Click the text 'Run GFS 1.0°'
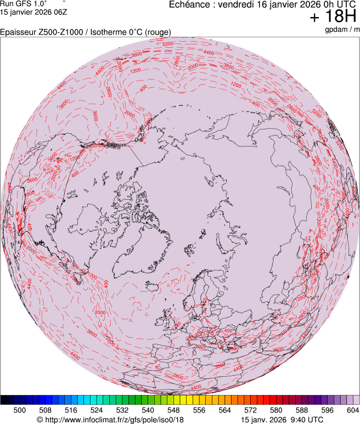tap(23, 3)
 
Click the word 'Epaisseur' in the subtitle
tap(18, 32)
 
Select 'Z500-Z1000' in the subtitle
tap(59, 32)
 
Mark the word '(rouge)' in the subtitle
tap(157, 32)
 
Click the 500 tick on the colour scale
tap(20, 410)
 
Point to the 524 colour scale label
tap(97, 410)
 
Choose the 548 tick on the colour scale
tap(173, 410)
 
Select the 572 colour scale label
tap(250, 410)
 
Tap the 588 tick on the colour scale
tap(301, 410)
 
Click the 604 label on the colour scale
tap(352, 410)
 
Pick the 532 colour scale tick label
tap(122, 410)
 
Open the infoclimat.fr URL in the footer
tap(110, 420)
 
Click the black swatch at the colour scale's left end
tap(4, 400)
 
